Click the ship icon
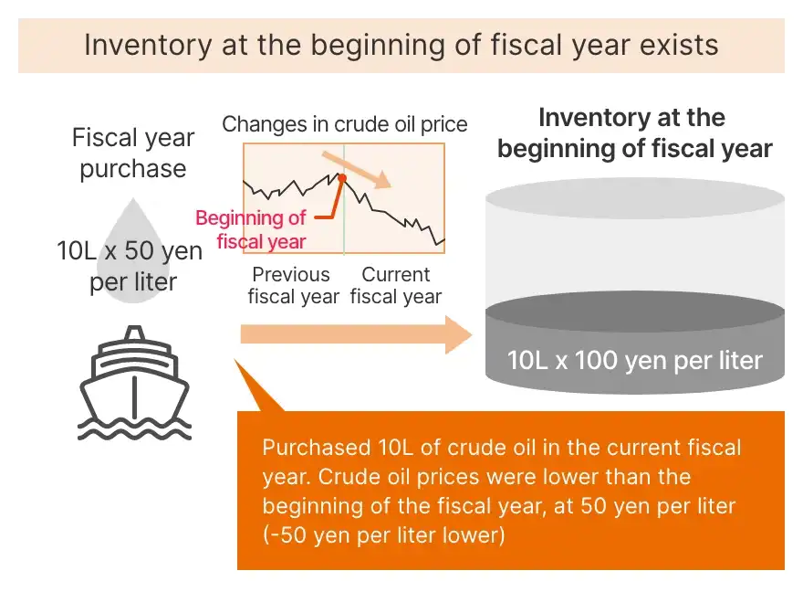135,383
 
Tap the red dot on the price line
342,178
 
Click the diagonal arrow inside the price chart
357,170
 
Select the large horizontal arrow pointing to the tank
356,334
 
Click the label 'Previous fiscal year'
294,285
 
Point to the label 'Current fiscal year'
396,285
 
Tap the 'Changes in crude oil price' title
345,124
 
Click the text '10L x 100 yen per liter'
634,360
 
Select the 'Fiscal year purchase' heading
133,153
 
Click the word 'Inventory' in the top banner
148,45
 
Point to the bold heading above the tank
634,132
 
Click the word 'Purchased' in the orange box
317,448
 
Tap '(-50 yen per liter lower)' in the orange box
383,535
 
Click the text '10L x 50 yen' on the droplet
130,250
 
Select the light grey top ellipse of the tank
634,198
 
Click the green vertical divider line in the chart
344,199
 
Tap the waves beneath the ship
135,429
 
